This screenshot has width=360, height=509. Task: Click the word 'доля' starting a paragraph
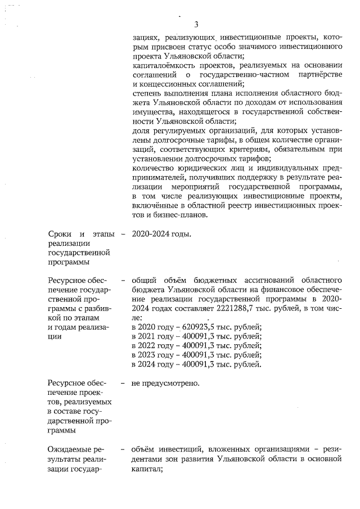pyautogui.click(x=139, y=131)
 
